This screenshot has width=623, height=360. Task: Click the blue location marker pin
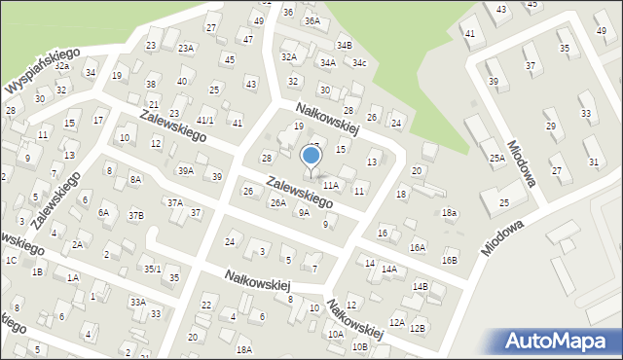tap(311, 159)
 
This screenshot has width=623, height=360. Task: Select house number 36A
tap(311, 20)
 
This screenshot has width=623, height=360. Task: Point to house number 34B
tap(344, 45)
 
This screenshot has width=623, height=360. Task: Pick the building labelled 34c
tap(359, 63)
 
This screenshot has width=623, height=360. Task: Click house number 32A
tap(289, 57)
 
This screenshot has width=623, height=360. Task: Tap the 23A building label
tap(185, 48)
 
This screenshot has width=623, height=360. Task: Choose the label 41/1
tap(205, 121)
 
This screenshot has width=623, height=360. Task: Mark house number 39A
tap(185, 170)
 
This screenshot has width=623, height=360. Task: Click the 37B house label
tap(136, 215)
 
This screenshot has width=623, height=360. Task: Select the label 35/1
tap(152, 269)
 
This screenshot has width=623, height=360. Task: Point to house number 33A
tap(137, 303)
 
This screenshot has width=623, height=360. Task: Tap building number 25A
tap(496, 158)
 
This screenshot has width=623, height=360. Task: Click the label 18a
tap(449, 212)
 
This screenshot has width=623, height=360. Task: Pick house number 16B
tap(449, 261)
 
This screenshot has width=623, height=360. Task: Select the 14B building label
tap(420, 286)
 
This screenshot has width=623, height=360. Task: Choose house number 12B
tap(417, 328)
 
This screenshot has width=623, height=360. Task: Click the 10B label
tap(360, 345)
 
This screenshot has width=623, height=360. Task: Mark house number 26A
tap(278, 202)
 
